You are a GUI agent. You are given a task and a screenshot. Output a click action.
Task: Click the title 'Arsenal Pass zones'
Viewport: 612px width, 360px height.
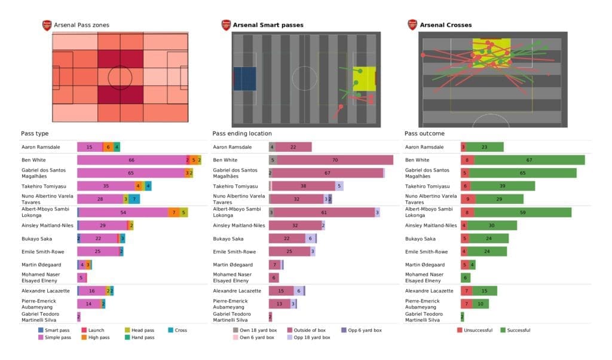coord(81,25)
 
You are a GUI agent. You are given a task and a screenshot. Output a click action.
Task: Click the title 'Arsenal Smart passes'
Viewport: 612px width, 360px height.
coord(268,25)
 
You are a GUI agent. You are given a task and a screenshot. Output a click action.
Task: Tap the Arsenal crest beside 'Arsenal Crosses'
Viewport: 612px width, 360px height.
coord(412,25)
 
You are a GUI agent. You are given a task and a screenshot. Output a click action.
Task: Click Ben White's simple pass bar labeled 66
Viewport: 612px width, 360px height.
coord(131,160)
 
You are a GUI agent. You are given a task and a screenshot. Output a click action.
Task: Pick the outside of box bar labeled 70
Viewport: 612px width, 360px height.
coord(335,160)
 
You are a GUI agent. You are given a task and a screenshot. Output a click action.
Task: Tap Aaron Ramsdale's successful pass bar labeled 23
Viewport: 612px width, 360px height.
coord(485,147)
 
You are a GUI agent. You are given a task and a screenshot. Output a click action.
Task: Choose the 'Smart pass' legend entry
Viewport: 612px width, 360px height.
coord(56,330)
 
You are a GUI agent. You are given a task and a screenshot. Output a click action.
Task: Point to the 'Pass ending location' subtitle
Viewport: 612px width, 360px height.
coord(241,133)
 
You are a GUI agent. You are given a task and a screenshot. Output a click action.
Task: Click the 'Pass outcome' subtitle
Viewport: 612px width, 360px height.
coord(424,133)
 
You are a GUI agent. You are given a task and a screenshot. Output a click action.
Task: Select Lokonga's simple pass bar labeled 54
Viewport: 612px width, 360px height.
coord(123,212)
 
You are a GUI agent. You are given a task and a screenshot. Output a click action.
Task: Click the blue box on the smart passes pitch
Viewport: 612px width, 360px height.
coord(244,79)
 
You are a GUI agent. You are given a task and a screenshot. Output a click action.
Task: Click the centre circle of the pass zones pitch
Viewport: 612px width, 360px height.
coord(120,77)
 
